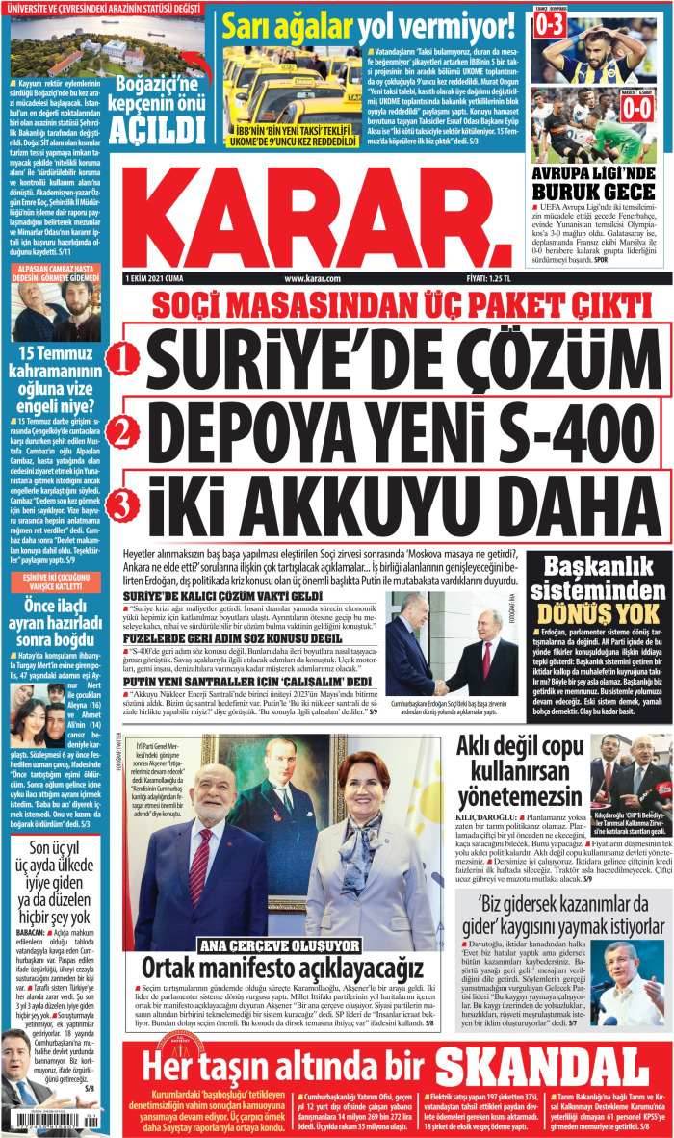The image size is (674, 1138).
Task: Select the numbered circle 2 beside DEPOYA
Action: pyautogui.click(x=122, y=431)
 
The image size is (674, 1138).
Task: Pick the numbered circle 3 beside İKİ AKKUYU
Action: pyautogui.click(x=122, y=502)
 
